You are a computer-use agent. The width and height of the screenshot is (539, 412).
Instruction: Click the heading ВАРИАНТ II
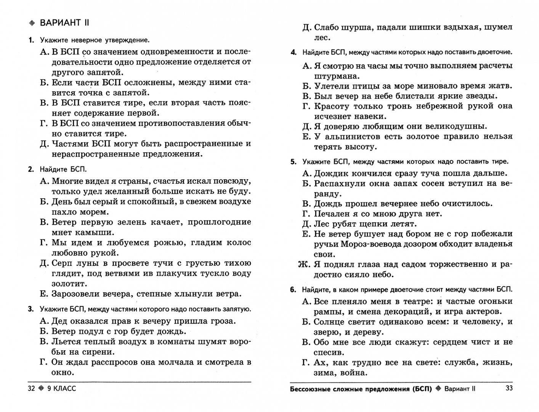pos(64,23)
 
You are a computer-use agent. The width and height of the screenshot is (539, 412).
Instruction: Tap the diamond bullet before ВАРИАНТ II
pos(32,23)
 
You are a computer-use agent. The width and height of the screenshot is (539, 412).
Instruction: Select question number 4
pos(293,52)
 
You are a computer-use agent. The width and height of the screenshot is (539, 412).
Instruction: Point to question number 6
pos(293,290)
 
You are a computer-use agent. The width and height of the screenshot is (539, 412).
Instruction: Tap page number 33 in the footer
pos(509,388)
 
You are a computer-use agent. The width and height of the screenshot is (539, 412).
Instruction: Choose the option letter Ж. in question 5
pos(304,264)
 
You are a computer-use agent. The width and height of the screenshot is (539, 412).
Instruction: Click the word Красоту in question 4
pos(332,106)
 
